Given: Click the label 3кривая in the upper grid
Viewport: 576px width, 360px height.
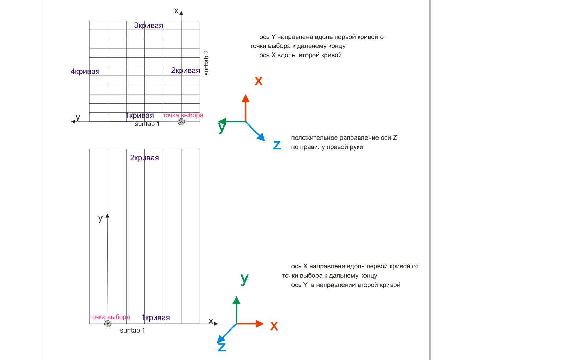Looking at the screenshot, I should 148,25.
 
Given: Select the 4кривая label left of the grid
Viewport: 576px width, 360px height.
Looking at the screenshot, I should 85,71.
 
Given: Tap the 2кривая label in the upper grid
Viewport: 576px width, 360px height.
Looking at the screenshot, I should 185,71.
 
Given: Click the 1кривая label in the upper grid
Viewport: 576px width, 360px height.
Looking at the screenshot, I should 140,116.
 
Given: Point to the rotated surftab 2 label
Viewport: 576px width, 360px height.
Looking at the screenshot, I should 206,63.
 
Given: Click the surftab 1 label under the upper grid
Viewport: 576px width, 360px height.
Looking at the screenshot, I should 147,124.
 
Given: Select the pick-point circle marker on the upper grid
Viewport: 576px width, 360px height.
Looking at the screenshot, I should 181,122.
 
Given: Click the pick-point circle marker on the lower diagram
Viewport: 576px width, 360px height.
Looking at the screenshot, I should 108,324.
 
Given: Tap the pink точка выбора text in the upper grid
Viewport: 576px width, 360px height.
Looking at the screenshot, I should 183,115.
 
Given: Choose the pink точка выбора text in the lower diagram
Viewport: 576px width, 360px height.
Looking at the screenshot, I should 110,317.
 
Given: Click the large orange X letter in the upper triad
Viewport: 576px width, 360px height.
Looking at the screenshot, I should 259,81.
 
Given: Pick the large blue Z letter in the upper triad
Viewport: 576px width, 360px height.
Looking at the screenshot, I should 277,145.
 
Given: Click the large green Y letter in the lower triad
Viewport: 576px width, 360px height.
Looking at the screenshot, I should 244,279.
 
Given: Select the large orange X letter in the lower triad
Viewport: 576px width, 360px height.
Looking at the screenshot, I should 274,326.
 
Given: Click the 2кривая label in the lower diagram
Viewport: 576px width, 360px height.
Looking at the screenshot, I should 144,158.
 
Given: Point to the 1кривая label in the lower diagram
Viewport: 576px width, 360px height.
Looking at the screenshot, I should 156,318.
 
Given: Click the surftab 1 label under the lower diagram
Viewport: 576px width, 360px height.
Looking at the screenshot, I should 132,331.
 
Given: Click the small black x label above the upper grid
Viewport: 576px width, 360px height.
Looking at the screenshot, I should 176,11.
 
